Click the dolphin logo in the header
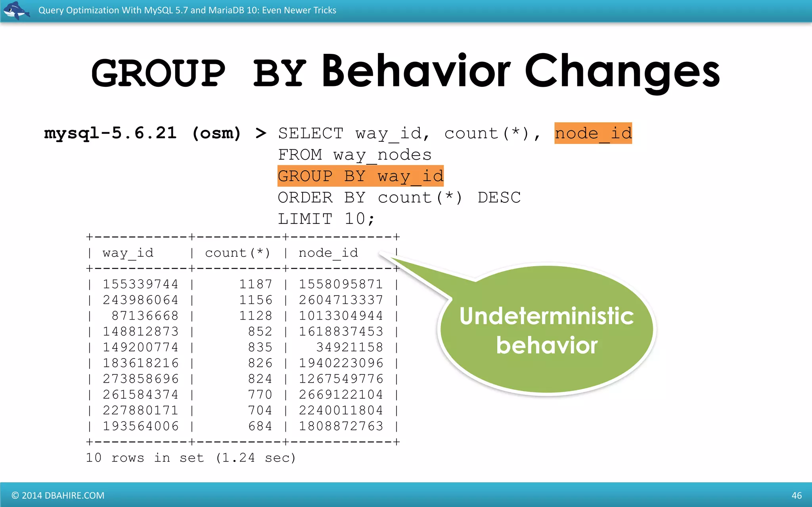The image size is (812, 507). click(16, 10)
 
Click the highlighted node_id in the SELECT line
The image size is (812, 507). click(593, 133)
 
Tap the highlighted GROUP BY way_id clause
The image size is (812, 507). click(360, 176)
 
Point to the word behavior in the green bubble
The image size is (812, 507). click(546, 345)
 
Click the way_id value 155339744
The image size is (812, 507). click(140, 284)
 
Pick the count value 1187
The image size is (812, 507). click(256, 284)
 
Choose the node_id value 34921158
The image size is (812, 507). click(349, 347)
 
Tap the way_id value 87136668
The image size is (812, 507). click(145, 316)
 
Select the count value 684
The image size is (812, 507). click(260, 426)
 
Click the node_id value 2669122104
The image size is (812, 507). click(341, 395)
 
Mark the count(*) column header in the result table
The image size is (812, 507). click(237, 253)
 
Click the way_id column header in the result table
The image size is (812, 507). click(128, 253)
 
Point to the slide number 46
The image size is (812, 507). click(796, 496)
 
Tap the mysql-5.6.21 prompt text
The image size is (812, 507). click(110, 133)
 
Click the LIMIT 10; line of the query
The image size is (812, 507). click(326, 219)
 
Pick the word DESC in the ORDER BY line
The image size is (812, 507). click(499, 197)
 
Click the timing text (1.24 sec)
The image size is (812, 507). click(256, 458)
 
